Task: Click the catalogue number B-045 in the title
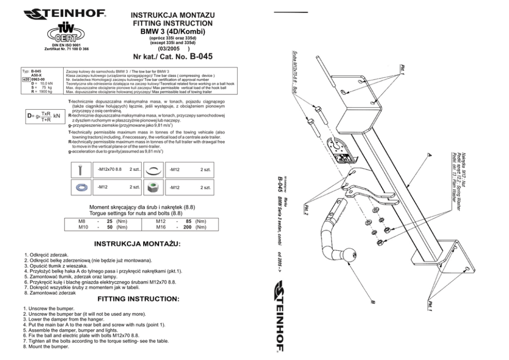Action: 201,56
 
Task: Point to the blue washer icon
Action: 81,188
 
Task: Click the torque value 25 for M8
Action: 109,221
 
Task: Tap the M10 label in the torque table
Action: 83,227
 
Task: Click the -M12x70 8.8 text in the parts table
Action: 109,169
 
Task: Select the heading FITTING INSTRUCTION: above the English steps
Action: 138,298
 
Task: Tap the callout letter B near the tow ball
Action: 374,303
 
